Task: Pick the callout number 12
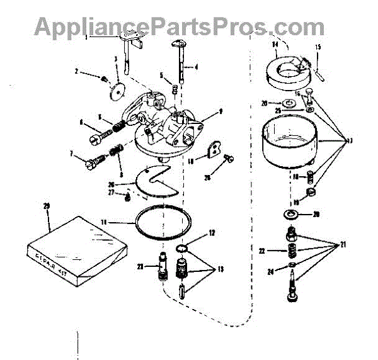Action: coord(212,233)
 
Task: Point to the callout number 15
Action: coord(318,47)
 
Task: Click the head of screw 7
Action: coord(90,162)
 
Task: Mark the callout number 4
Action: coord(196,66)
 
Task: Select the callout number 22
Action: coord(261,250)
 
